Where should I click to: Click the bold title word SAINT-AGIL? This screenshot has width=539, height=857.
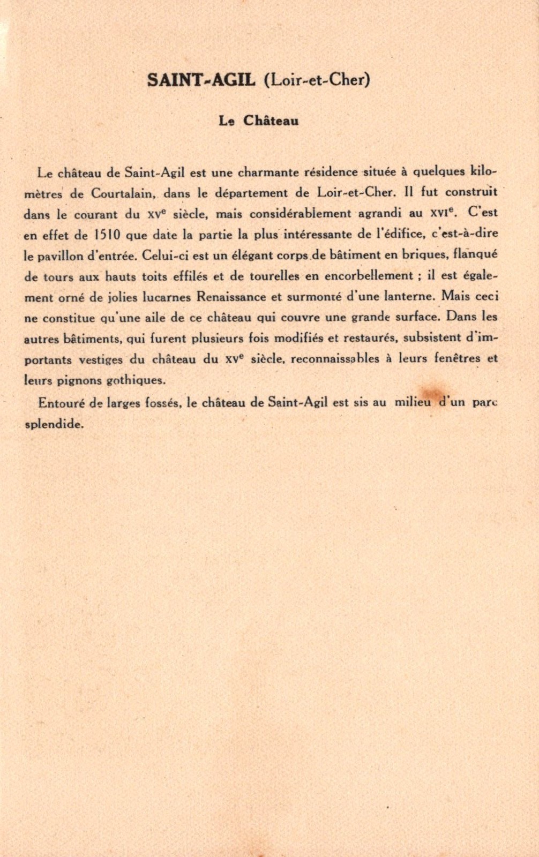201,80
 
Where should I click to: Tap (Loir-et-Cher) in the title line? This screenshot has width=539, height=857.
317,80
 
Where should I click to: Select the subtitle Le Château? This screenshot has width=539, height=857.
258,121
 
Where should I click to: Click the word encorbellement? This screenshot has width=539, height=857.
369,276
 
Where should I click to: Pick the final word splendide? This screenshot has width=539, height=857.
54,424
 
